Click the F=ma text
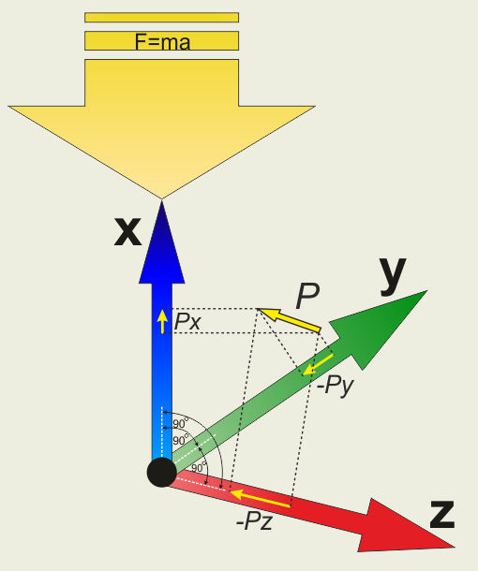163,41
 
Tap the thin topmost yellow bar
161,18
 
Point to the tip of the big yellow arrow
161,198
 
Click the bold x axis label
127,231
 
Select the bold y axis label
393,275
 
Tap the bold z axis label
442,515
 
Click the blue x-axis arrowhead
162,242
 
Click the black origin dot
162,472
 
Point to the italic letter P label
307,296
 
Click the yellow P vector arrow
289,320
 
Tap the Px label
187,322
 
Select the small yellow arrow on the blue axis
162,322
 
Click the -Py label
335,386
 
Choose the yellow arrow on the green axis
318,364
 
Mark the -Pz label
254,521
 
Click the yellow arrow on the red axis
261,498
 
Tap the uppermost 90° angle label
181,423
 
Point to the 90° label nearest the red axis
199,467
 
